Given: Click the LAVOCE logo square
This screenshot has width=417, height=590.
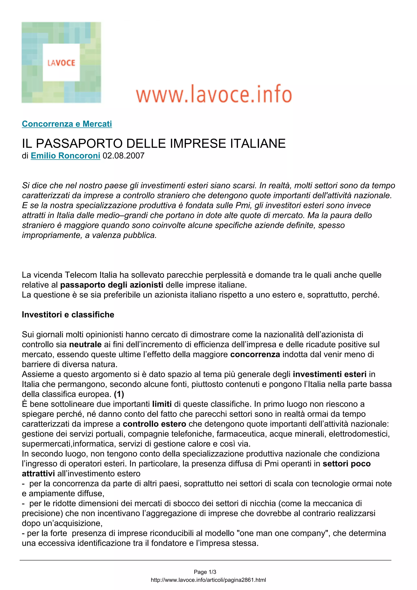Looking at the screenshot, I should [61, 63].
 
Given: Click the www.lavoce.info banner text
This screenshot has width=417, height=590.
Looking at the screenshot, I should [214, 94].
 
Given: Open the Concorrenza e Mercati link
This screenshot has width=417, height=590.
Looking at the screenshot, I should [67, 124].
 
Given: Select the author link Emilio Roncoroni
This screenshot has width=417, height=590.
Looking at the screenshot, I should [66, 156].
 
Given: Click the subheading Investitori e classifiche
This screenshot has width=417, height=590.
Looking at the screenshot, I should [68, 315].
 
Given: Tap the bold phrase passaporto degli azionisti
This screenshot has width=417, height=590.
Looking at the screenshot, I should [112, 285].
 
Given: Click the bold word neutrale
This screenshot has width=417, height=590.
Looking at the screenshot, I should [86, 344].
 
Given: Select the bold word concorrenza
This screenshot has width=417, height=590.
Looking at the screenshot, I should [255, 354].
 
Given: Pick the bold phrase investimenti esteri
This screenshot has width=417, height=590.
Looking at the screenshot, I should [329, 374].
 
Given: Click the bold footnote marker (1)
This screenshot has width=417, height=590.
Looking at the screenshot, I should [119, 394].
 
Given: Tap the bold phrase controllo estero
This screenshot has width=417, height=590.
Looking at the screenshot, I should [154, 424].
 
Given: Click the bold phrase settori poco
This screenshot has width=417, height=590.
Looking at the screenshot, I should [346, 463].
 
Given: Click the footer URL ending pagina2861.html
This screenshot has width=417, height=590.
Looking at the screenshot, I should [208, 580].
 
